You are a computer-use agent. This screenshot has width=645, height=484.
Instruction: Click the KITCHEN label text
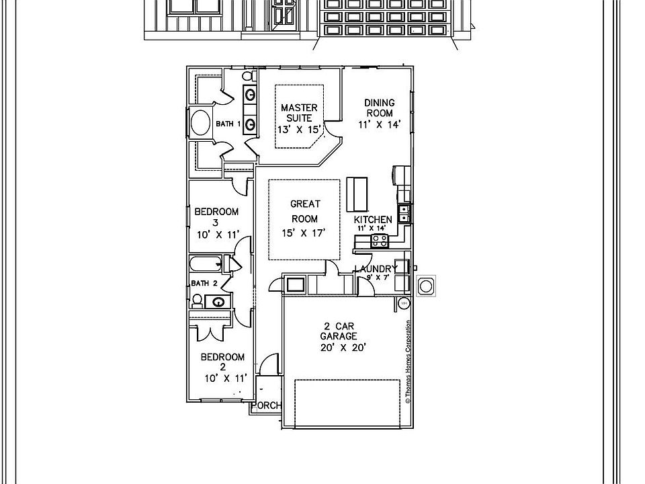[373, 220]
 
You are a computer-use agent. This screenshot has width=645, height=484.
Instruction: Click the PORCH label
[267, 405]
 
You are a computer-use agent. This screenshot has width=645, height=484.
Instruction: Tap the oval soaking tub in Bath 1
[201, 124]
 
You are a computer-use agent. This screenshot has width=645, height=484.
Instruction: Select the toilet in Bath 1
[247, 76]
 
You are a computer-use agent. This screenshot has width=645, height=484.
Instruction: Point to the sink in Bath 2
[218, 302]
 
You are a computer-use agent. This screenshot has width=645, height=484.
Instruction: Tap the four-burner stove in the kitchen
[378, 241]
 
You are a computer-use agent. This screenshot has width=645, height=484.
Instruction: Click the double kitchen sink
[404, 213]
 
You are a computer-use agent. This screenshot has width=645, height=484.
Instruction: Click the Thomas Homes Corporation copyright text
[408, 362]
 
